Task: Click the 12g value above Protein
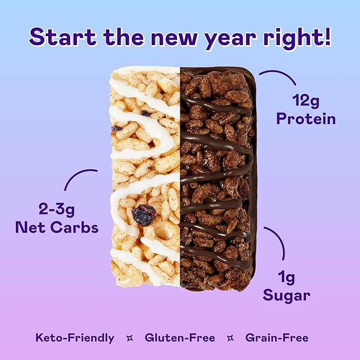click(305, 100)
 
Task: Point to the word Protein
click(305, 118)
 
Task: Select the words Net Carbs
click(57, 228)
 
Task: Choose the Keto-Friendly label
click(75, 337)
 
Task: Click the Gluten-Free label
click(180, 337)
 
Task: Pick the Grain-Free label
click(277, 337)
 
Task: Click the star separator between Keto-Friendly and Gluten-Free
click(129, 337)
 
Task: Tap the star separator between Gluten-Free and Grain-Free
click(230, 337)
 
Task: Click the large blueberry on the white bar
click(144, 215)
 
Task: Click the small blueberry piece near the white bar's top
click(146, 113)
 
